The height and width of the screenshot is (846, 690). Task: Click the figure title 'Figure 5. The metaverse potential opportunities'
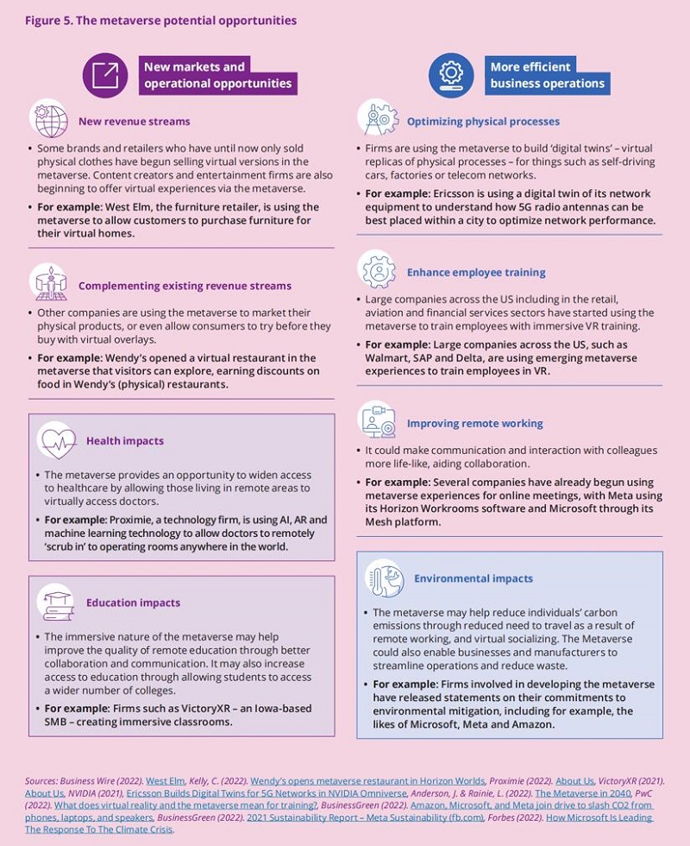[x=160, y=20]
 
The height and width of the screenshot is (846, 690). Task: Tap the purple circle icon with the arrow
[x=105, y=75]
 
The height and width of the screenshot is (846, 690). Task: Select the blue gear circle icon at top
[x=451, y=75]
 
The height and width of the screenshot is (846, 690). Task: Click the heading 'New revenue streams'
[x=134, y=121]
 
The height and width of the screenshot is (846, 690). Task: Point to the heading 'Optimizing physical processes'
[x=483, y=122]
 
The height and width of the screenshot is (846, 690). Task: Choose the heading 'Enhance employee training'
[x=476, y=272]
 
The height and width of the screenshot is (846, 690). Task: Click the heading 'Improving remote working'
[x=474, y=423]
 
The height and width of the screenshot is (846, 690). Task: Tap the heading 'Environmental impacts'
[x=474, y=578]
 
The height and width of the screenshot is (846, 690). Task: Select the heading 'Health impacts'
[x=124, y=441]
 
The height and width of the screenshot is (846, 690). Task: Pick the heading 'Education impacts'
[x=133, y=603]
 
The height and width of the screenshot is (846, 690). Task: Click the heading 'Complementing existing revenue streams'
[x=185, y=286]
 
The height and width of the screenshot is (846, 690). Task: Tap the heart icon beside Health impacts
[x=55, y=440]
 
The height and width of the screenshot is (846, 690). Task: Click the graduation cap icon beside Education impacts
[x=55, y=602]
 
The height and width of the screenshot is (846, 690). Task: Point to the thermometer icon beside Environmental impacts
[x=384, y=578]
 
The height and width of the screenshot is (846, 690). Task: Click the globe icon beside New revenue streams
[x=49, y=119]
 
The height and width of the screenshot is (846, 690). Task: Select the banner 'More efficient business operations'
[x=547, y=75]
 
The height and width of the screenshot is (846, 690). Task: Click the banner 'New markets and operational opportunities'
[x=219, y=75]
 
